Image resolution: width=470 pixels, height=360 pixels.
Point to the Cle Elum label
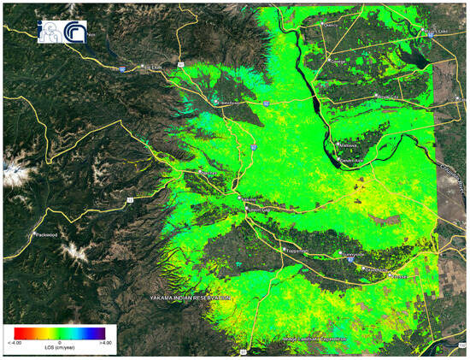152,66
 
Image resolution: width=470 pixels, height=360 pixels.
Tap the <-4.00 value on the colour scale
23,341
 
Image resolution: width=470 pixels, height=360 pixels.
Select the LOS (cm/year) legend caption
62,348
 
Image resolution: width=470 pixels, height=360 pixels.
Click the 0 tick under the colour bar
62,341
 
